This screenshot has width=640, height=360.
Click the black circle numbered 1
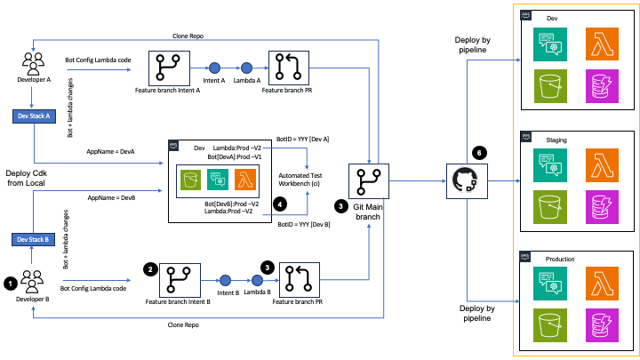10,283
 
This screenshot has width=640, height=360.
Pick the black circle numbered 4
280,204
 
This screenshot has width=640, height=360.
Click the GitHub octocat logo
463,180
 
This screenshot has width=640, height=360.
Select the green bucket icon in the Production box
549,327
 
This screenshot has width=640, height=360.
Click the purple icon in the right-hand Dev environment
602,91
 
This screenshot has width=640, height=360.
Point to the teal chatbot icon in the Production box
549,284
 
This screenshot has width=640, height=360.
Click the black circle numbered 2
150,268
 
